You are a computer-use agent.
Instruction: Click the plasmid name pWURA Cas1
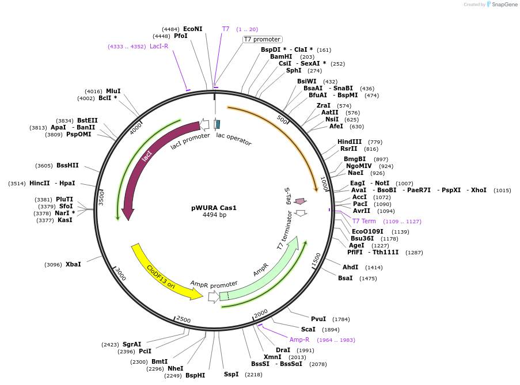pos(214,208)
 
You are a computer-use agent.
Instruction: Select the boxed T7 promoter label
pos(262,39)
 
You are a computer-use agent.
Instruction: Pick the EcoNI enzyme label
pos(192,29)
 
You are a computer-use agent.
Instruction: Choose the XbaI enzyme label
pos(73,264)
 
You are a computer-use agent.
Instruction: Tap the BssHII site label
pos(67,165)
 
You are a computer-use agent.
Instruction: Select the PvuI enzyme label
pos(318,319)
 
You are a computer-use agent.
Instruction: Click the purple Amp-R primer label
pos(299,340)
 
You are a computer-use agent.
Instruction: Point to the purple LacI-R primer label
pos(159,46)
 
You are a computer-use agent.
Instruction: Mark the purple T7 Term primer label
pos(364,221)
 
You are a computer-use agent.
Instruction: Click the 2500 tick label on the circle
pos(183,319)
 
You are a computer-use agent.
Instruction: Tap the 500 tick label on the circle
pos(282,119)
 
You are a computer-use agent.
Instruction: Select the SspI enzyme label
pos(231,374)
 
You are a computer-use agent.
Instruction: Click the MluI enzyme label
pos(113,91)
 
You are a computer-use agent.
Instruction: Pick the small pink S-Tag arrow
pos(299,201)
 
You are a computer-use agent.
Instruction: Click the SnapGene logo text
pos(504,5)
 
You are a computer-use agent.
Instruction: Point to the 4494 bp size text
pos(214,215)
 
